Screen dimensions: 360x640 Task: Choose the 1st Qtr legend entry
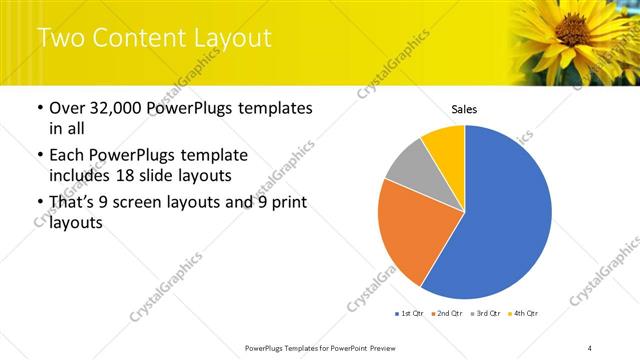410,314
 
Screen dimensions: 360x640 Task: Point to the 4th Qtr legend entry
525,314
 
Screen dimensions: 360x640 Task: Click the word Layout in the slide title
232,39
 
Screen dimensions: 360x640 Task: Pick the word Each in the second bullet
68,155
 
